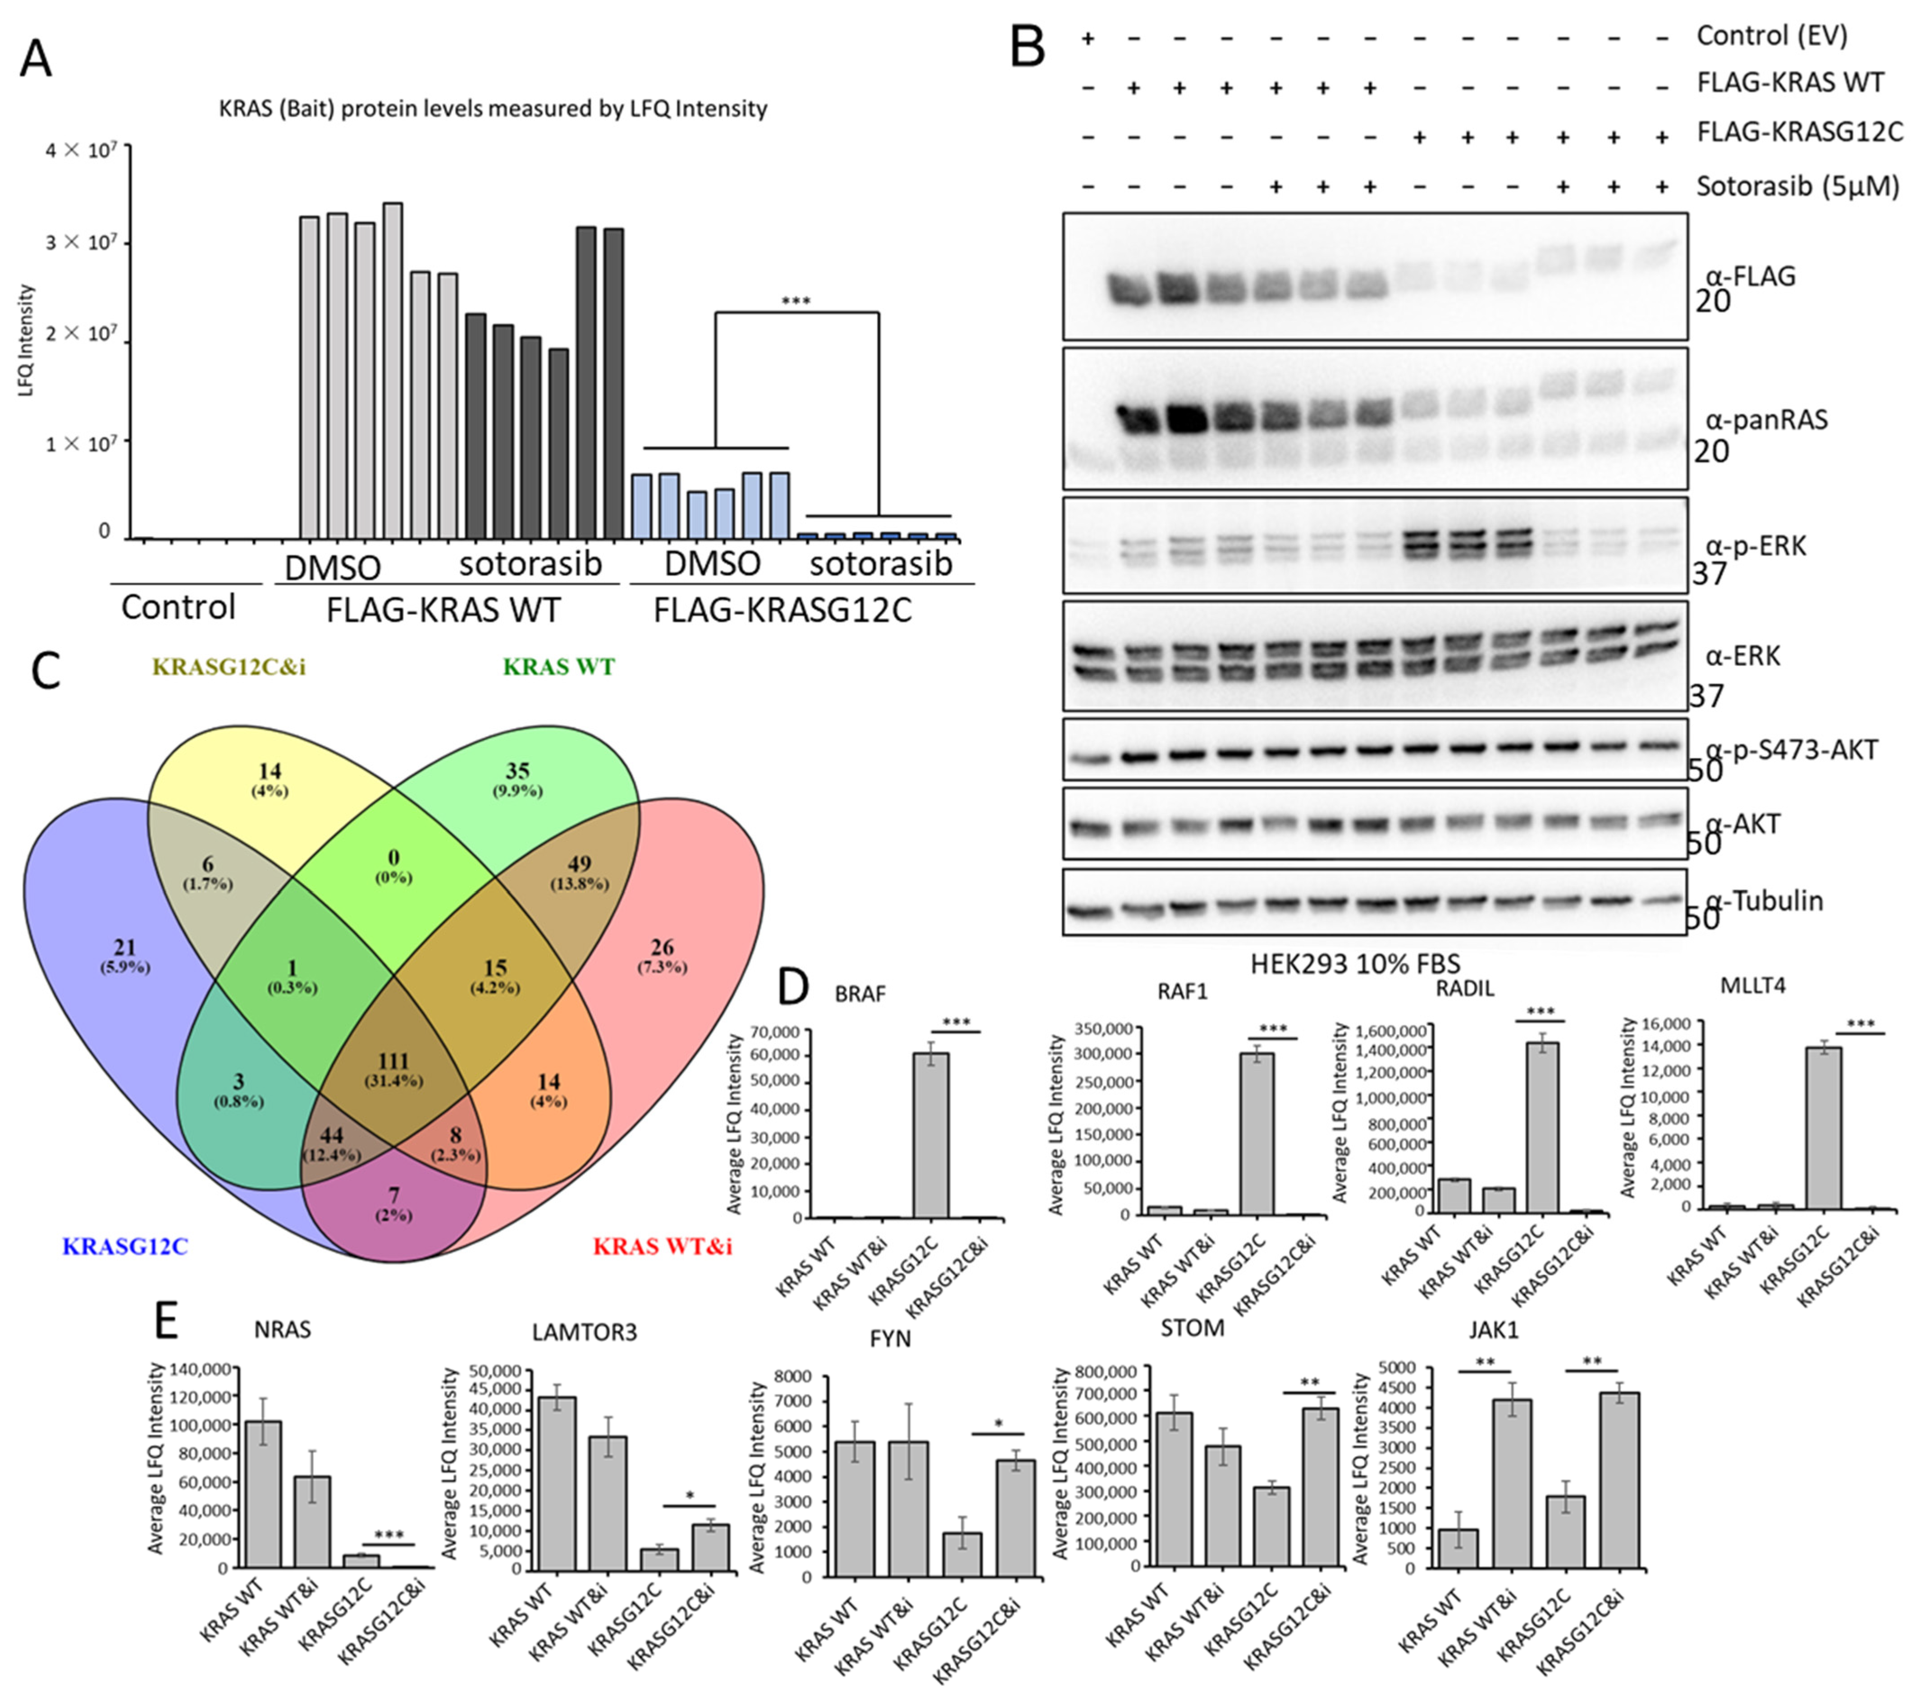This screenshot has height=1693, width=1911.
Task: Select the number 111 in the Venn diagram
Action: (x=393, y=1061)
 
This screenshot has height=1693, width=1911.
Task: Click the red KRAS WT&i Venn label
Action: (x=662, y=1246)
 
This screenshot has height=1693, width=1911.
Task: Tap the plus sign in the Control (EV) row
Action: (x=1087, y=38)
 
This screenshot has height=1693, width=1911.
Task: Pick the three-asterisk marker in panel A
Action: (x=795, y=301)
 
